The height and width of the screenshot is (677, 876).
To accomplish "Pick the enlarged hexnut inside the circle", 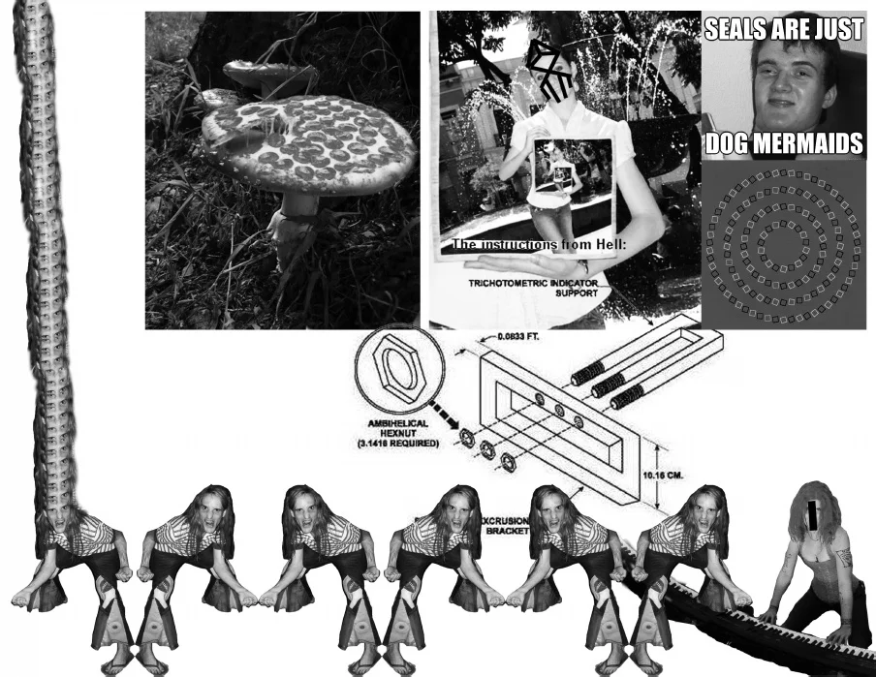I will tap(392, 372).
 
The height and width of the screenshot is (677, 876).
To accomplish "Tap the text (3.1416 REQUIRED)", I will tap(398, 444).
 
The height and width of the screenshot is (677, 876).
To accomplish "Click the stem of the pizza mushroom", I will tap(298, 209).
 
